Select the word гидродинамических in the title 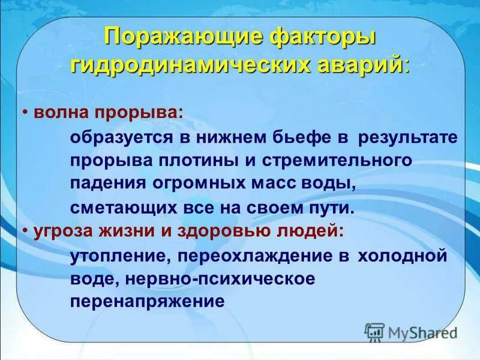(x=191, y=64)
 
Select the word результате (x=408, y=137)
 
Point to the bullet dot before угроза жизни (x=27, y=231)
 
